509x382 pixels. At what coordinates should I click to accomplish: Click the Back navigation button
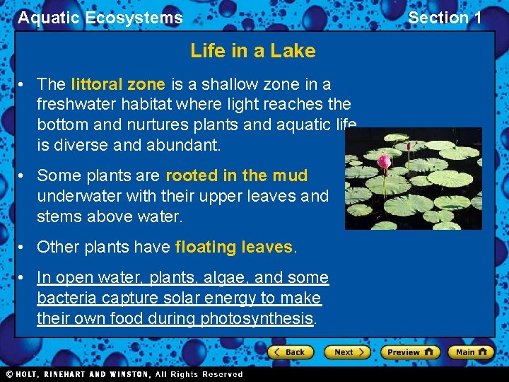[x=291, y=352]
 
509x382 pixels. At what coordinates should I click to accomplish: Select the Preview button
[x=410, y=352]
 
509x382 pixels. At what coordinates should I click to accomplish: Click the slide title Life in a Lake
[x=253, y=51]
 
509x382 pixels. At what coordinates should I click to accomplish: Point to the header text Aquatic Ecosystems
[x=100, y=18]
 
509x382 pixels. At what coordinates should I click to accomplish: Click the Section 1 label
[x=445, y=18]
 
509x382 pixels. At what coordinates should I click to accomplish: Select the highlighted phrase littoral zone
[x=118, y=84]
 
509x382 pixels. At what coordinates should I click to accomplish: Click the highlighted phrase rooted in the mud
[x=237, y=175]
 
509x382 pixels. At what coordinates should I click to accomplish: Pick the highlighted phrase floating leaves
[x=234, y=247]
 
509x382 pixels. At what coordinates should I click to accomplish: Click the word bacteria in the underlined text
[x=63, y=298]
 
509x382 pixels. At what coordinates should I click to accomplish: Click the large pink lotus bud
[x=384, y=163]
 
